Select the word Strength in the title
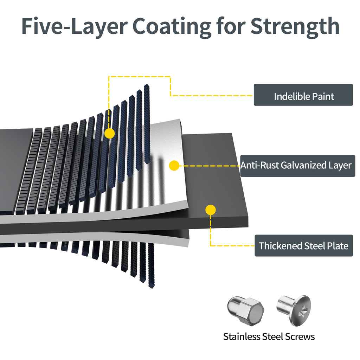295,25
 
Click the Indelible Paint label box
303,95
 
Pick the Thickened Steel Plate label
303,245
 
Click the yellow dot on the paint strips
110,133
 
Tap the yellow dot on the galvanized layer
174,165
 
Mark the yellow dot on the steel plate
210,210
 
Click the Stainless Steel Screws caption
269,336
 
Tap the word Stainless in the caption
242,336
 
